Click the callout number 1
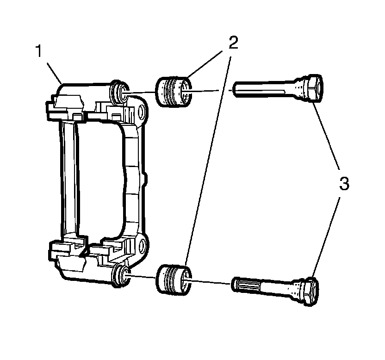point(40,51)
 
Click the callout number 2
point(233,43)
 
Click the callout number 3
point(343,184)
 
